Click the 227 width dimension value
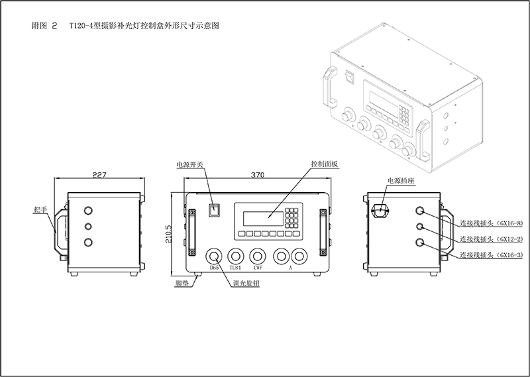point(99,176)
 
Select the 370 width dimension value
point(258,176)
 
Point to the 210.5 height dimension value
point(169,234)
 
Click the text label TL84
point(235,269)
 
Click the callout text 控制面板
point(324,164)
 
